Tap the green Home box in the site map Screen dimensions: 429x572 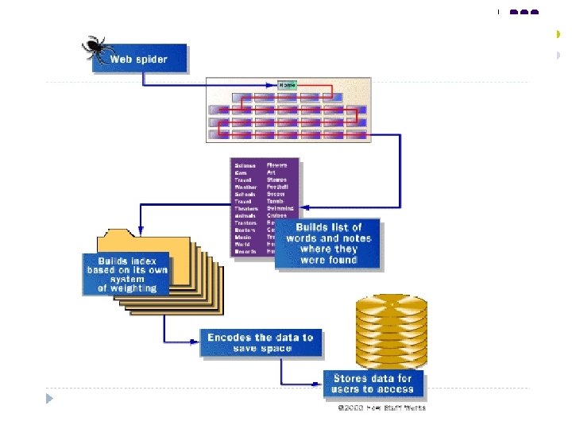pos(287,85)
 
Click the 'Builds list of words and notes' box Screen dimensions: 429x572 pos(328,243)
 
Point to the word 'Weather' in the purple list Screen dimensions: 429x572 pos(245,187)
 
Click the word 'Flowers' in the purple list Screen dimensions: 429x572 pos(278,165)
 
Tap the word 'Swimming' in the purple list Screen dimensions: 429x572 pos(281,208)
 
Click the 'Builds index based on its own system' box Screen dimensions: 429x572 pos(126,274)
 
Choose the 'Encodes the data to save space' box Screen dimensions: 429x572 pos(261,342)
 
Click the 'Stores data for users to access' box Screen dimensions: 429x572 pos(373,384)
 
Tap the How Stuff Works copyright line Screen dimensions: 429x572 pos(381,408)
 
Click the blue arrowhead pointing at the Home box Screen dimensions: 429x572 pos(273,85)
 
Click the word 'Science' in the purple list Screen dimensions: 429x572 pos(245,165)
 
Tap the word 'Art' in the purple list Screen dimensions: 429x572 pos(272,172)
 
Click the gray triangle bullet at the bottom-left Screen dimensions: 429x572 pos(49,397)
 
